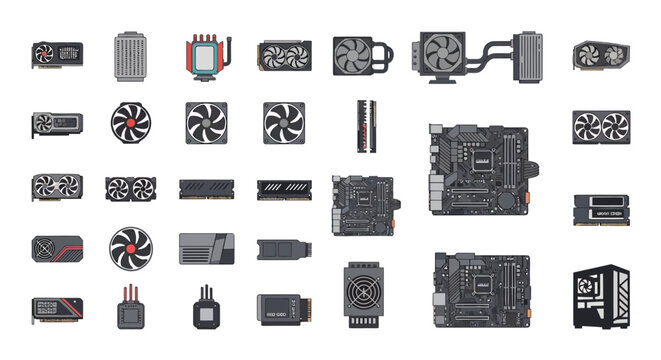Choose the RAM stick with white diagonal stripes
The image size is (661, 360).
coord(283,190)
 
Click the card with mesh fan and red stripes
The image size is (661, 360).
coord(56,247)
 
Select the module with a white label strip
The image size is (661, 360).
coord(600,211)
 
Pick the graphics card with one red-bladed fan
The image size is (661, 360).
coord(56,51)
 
